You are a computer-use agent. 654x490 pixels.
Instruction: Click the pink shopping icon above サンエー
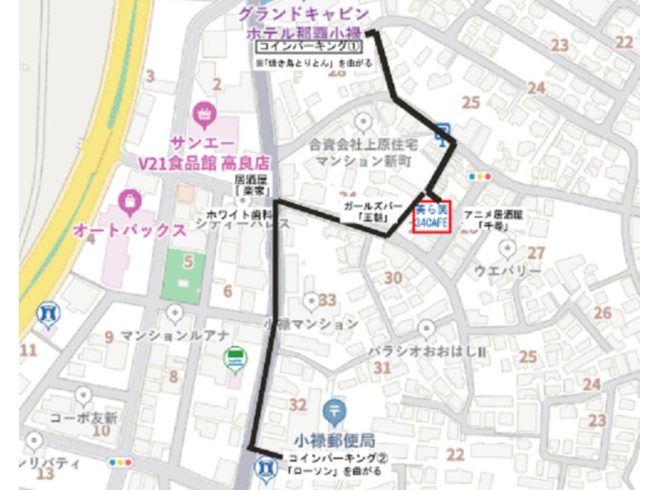203,111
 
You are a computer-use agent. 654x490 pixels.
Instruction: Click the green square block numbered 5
184,273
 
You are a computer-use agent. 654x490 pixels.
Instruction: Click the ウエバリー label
508,271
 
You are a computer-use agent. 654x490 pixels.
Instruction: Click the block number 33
329,300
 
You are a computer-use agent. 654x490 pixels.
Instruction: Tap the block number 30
393,279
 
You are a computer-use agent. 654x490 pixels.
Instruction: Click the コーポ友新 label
84,417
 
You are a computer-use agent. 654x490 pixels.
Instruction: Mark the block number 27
537,252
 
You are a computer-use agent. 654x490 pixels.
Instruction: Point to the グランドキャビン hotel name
304,15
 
